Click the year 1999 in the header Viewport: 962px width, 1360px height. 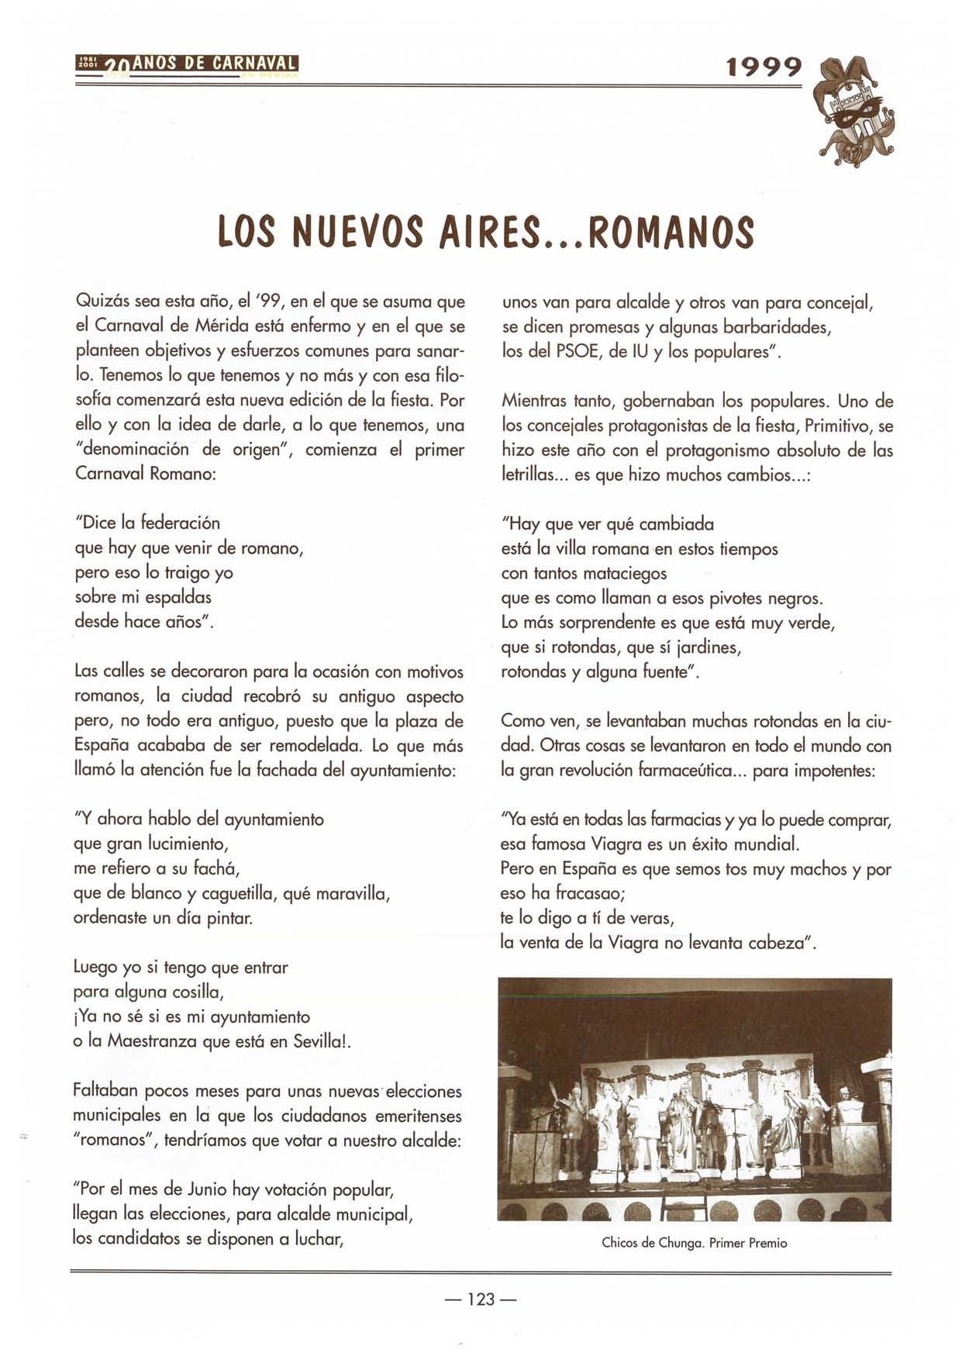click(x=764, y=68)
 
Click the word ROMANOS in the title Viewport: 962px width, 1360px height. click(x=671, y=232)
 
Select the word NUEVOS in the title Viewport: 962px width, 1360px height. click(x=357, y=232)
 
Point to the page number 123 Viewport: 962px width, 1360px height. click(x=481, y=1299)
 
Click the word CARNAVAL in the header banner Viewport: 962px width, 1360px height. click(x=255, y=64)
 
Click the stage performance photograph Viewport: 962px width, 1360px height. click(x=694, y=1099)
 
